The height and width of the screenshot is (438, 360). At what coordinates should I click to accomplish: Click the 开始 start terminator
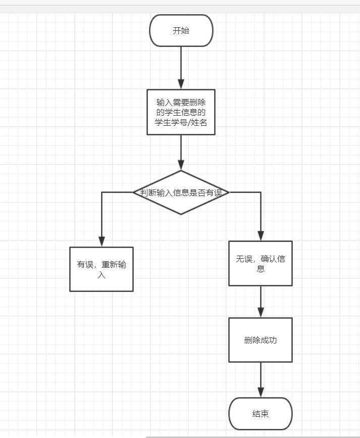pyautogui.click(x=181, y=30)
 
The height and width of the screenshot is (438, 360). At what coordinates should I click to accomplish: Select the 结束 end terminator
pyautogui.click(x=261, y=414)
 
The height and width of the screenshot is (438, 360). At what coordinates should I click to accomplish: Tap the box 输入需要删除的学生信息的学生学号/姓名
pyautogui.click(x=181, y=112)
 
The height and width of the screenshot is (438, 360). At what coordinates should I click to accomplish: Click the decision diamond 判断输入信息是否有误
pyautogui.click(x=181, y=192)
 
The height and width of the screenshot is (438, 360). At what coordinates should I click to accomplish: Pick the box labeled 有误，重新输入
pyautogui.click(x=101, y=269)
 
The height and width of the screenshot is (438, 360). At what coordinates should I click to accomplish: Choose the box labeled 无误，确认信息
pyautogui.click(x=261, y=263)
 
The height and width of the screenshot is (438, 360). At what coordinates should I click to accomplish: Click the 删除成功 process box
pyautogui.click(x=261, y=340)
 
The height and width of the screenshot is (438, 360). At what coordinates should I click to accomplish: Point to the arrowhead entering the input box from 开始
pyautogui.click(x=181, y=84)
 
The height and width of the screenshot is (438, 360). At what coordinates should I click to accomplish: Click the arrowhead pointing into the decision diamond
pyautogui.click(x=181, y=165)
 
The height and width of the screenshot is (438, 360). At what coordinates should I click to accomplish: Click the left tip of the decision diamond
pyautogui.click(x=133, y=192)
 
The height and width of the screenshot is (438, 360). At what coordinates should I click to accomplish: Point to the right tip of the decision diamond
pyautogui.click(x=229, y=192)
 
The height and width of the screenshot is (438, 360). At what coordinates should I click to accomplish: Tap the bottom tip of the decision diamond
pyautogui.click(x=181, y=214)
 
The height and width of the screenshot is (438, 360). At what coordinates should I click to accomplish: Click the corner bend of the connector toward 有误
pyautogui.click(x=101, y=192)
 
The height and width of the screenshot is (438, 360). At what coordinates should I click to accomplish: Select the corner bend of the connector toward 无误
pyautogui.click(x=261, y=192)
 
